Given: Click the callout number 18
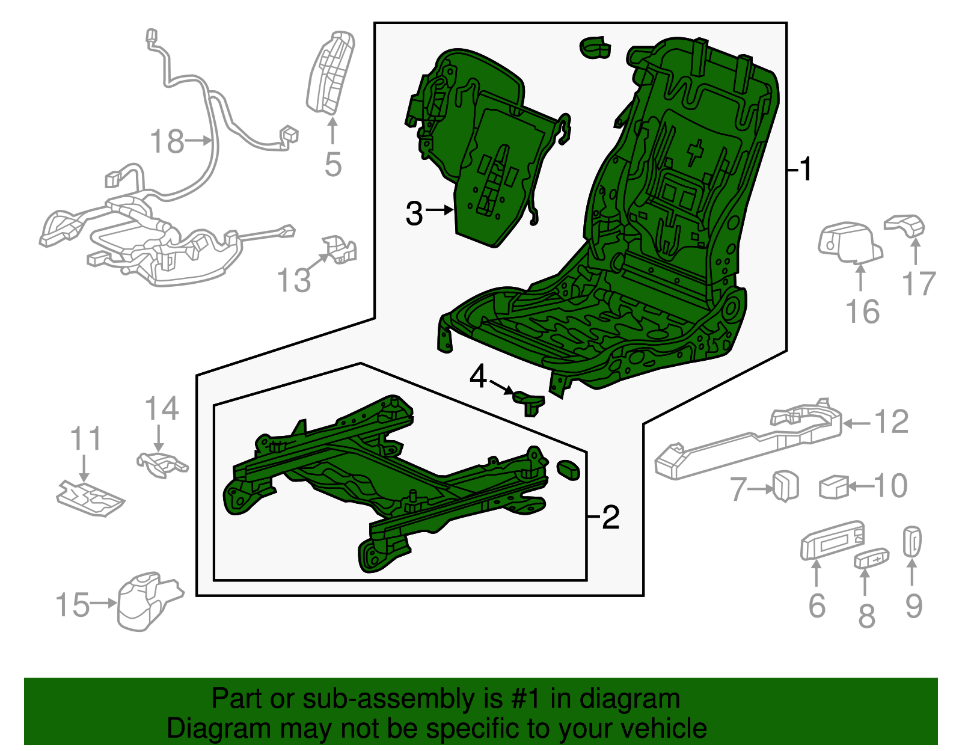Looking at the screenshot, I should [167, 143].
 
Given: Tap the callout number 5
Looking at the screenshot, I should [332, 164].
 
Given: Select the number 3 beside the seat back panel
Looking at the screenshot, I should [414, 213].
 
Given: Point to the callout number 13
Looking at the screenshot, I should [293, 280].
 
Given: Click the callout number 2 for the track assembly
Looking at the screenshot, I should [610, 517].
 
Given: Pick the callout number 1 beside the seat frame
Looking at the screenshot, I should [806, 170].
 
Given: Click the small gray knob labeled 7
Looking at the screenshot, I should [785, 486].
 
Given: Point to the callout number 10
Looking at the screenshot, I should [890, 486].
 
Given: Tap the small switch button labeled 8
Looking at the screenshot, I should [871, 559].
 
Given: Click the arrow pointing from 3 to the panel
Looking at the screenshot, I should [440, 210].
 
